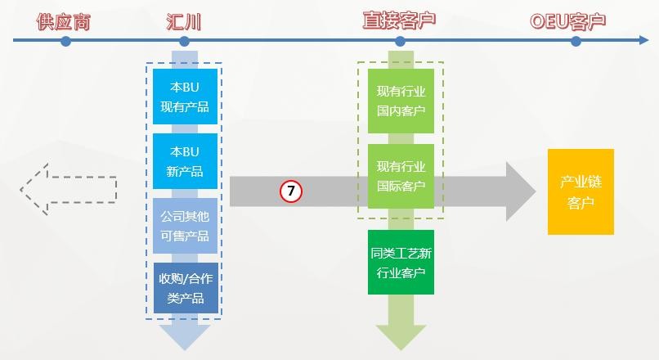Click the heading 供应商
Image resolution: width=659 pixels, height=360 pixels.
(63, 21)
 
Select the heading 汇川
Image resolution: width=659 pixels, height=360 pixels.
(183, 21)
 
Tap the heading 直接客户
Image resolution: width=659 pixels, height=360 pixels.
(399, 21)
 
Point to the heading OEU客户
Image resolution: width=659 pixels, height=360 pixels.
(574, 21)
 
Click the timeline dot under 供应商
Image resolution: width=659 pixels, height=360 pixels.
(65, 41)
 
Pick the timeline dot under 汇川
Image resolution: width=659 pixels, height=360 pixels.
(184, 41)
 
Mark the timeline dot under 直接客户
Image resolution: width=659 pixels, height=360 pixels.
(400, 41)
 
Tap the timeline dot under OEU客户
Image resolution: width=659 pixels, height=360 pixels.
(576, 41)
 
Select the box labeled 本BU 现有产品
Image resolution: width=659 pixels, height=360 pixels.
(185, 97)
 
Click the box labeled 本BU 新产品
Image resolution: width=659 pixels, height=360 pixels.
(185, 161)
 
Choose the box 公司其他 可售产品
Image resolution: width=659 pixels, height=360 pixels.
(185, 225)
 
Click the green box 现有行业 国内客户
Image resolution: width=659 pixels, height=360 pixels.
(401, 101)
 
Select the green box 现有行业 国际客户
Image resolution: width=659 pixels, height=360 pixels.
(401, 176)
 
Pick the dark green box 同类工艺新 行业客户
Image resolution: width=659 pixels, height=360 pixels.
(401, 263)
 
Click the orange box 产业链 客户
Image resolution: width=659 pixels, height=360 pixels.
(581, 192)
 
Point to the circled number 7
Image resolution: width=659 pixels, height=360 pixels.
(291, 192)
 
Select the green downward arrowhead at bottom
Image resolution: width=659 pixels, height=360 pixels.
(401, 336)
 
